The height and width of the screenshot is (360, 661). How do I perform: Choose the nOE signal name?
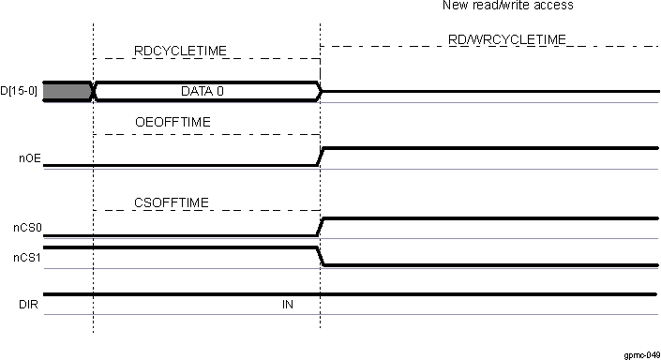pos(28,159)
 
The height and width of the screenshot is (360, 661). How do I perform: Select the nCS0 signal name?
pos(26,228)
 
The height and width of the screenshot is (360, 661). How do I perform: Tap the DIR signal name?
pos(28,305)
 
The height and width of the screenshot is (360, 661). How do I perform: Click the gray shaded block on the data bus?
pos(66,91)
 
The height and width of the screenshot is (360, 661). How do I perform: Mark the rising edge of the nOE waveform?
pos(321,157)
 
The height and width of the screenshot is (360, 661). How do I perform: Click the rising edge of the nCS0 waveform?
pos(321,227)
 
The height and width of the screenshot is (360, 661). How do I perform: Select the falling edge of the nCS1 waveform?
pos(321,257)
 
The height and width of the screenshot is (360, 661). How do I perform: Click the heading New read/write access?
pos(507,6)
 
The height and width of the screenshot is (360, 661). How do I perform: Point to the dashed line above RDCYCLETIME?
pos(206,59)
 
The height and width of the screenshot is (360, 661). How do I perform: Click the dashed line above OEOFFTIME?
pos(206,134)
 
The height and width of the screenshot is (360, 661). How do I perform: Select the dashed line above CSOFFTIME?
pos(206,211)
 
